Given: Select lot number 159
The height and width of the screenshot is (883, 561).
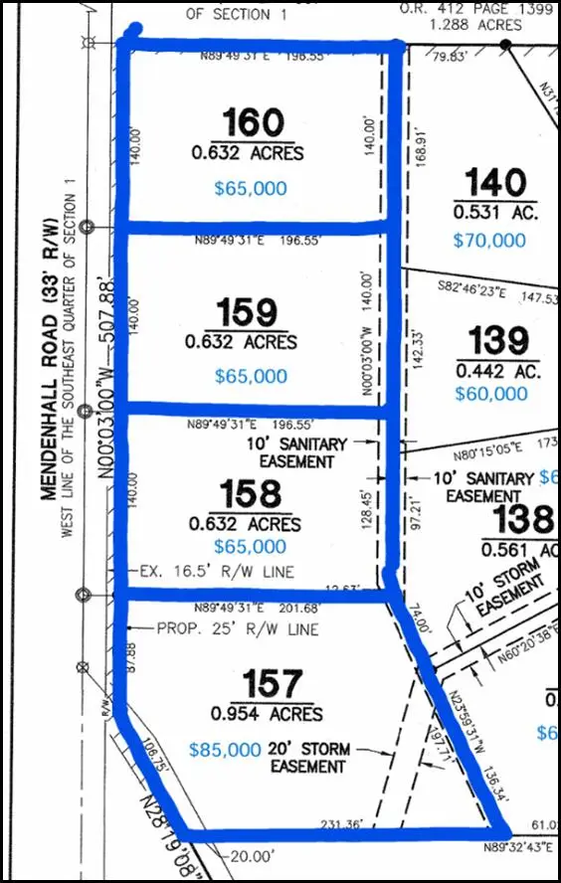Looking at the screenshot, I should (248, 312).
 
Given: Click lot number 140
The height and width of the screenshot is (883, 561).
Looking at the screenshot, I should (495, 183).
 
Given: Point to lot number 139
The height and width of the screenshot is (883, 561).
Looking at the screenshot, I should (498, 340).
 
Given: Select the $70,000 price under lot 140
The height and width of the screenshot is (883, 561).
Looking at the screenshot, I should (489, 240).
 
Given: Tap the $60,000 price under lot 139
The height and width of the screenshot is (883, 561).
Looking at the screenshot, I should (490, 394).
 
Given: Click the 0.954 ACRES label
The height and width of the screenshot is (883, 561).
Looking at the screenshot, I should (267, 714).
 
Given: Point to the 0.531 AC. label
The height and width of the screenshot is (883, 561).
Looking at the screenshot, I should (495, 212).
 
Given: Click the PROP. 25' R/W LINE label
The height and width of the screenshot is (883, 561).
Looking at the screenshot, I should (237, 629).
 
